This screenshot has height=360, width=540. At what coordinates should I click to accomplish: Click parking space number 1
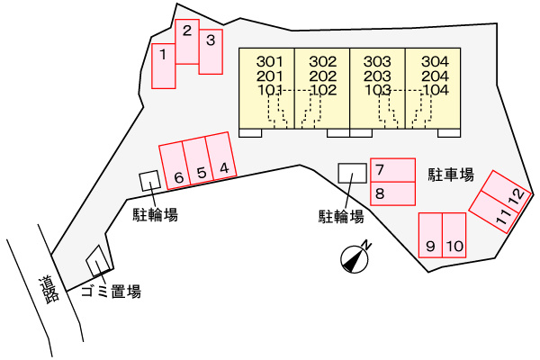164,66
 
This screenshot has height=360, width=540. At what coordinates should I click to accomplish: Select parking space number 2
187,41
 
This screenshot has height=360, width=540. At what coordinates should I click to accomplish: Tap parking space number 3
211,51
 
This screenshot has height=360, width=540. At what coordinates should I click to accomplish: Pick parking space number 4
221,156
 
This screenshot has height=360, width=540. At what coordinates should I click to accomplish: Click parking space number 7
392,170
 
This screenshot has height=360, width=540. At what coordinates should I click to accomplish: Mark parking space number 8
392,193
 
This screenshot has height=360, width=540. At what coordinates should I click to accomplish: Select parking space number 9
430,235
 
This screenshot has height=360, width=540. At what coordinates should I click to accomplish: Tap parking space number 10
454,235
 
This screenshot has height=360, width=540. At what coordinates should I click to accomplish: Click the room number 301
270,62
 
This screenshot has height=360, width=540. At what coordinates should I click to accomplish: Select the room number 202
323,76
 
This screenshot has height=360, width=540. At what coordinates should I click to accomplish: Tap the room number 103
378,90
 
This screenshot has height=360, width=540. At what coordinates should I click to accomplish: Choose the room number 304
436,62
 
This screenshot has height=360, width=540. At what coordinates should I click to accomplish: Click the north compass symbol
355,258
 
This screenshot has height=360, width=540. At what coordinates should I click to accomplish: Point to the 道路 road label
49,290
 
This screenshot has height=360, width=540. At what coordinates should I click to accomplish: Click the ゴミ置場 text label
111,292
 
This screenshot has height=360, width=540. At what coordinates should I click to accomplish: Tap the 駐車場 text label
451,175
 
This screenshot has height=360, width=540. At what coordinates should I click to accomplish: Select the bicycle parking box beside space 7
352,173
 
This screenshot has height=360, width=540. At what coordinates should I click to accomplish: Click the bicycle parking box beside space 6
149,181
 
